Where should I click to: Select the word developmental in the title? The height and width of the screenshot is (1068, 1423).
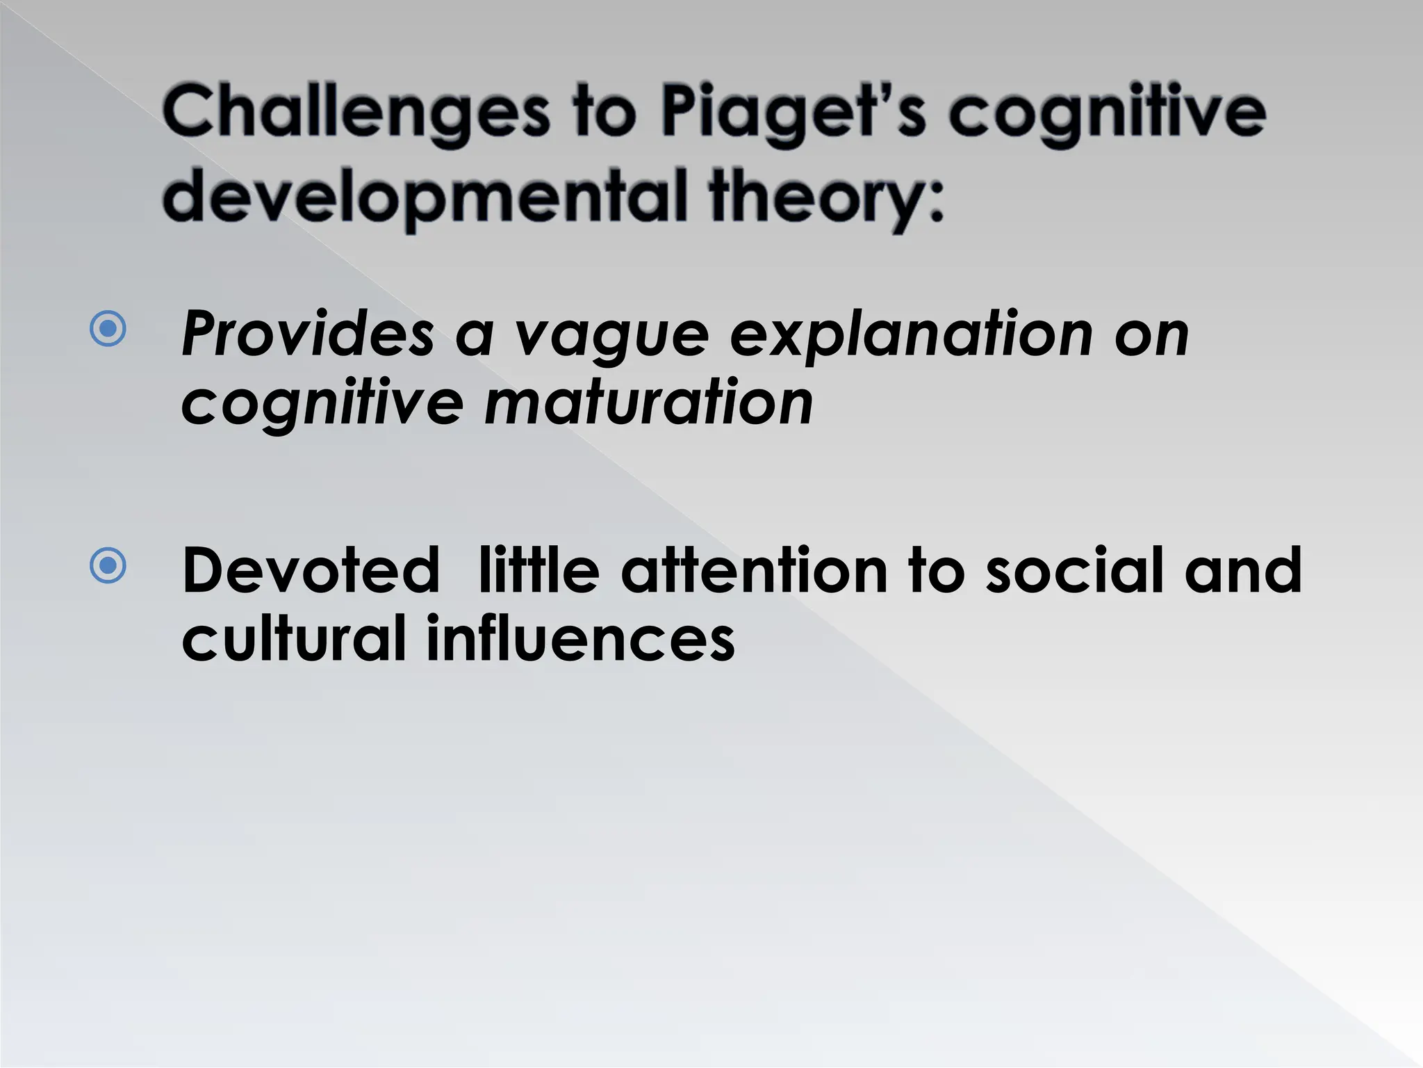424,196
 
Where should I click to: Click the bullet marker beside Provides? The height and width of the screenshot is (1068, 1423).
108,329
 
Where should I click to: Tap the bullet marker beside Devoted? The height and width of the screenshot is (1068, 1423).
108,565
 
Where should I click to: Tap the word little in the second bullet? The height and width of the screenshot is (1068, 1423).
538,570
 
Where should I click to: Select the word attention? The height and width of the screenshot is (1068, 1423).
754,570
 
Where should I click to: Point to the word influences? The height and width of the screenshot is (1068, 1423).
580,638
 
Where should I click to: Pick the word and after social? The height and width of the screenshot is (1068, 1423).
1243,570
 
